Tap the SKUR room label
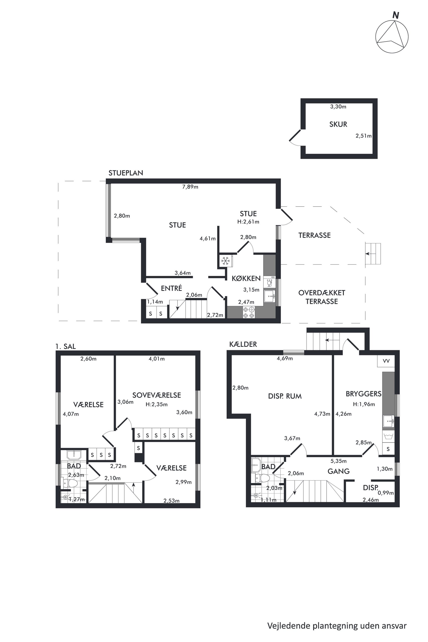[338, 124]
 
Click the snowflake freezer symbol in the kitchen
[225, 261]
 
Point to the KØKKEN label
[246, 279]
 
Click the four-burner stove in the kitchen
[249, 312]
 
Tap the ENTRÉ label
[172, 288]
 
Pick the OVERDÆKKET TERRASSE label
[322, 297]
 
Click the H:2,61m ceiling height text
[248, 222]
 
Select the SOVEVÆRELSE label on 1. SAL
[157, 395]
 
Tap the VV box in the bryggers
[386, 361]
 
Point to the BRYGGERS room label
[363, 394]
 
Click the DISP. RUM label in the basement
[285, 396]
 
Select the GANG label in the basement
[338, 471]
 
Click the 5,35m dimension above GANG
[338, 461]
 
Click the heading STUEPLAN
[126, 173]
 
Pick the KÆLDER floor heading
[243, 344]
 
